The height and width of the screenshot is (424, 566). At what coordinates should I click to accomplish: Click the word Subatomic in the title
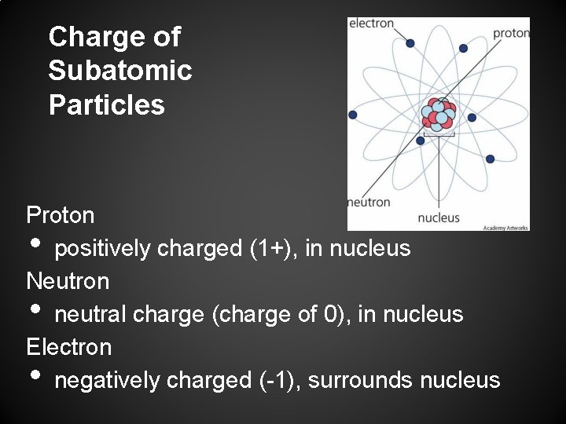pyautogui.click(x=120, y=71)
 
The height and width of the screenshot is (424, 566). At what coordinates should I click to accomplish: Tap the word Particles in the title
pyautogui.click(x=107, y=104)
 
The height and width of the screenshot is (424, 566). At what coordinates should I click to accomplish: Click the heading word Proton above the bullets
pyautogui.click(x=61, y=214)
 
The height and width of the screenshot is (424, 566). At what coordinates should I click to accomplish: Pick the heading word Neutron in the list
pyautogui.click(x=68, y=280)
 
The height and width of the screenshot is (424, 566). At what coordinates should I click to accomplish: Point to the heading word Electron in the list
pyautogui.click(x=69, y=346)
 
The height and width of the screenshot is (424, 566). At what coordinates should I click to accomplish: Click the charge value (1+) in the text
pyautogui.click(x=272, y=248)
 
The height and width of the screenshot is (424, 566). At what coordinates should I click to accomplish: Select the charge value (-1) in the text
pyautogui.click(x=277, y=381)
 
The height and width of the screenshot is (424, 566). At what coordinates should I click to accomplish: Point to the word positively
pyautogui.click(x=103, y=249)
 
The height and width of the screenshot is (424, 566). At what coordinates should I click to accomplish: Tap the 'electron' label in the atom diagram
pyautogui.click(x=372, y=24)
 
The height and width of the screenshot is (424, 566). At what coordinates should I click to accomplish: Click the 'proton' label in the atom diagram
pyautogui.click(x=511, y=33)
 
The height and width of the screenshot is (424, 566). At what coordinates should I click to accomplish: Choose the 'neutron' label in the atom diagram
pyautogui.click(x=369, y=202)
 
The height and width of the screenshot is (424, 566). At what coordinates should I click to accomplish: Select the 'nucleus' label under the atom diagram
pyautogui.click(x=439, y=217)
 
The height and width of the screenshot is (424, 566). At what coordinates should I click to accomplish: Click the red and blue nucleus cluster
pyautogui.click(x=439, y=115)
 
